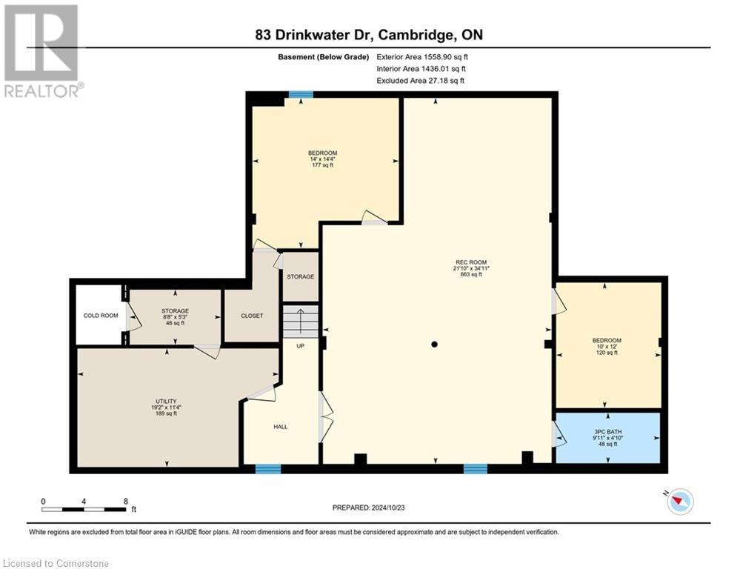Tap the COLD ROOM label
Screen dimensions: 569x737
tap(101, 316)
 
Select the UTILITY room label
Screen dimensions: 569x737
tap(164, 401)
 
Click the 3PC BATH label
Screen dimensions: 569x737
tap(607, 430)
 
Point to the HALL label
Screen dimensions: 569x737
tap(280, 427)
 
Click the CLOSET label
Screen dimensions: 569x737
tap(252, 316)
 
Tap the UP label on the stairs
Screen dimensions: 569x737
tap(301, 346)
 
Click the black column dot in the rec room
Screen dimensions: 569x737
tap(435, 344)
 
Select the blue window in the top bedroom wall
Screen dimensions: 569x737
tap(300, 95)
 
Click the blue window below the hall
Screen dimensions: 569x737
tap(267, 468)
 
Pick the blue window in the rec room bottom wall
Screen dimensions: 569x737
tap(475, 468)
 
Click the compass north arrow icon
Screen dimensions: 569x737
tap(678, 502)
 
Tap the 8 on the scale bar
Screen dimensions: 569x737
tap(125, 501)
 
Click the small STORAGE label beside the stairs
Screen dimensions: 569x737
tap(301, 276)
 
